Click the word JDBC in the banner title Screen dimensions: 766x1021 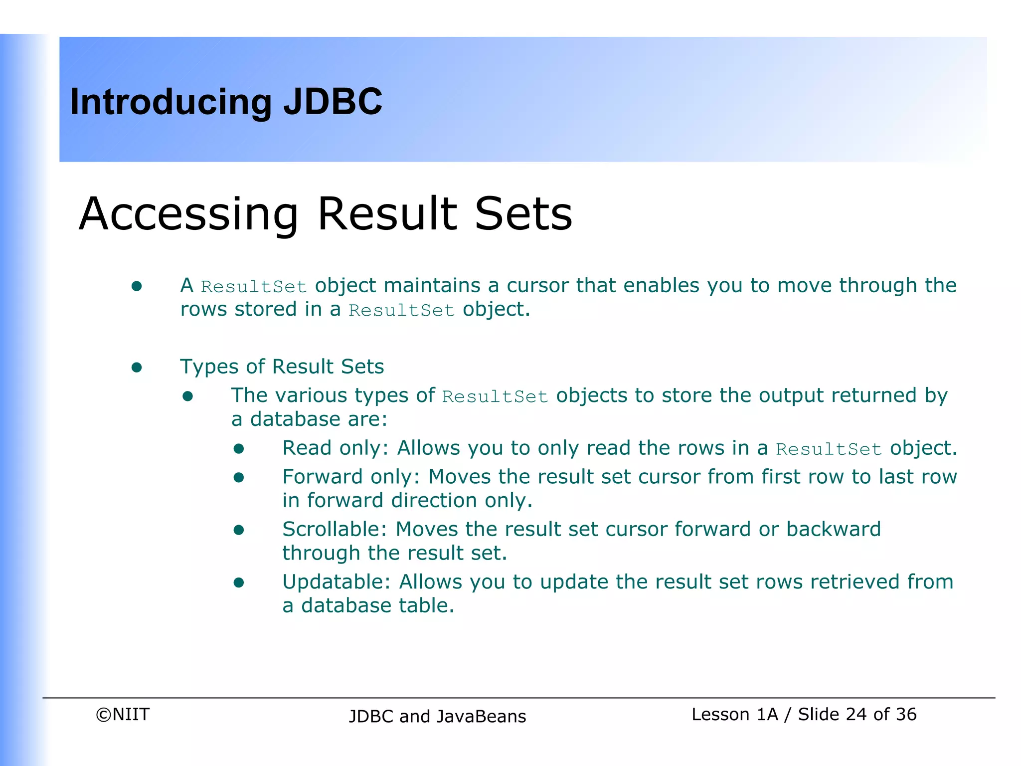(333, 102)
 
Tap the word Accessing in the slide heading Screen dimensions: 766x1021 (188, 214)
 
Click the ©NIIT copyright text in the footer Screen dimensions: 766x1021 (123, 714)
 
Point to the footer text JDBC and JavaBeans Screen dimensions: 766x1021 (437, 716)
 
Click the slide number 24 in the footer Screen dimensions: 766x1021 (856, 714)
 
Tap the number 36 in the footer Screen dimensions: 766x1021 (906, 714)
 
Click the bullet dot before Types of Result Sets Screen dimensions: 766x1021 (137, 368)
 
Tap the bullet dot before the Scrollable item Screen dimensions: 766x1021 (239, 530)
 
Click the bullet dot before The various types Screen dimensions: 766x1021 (187, 397)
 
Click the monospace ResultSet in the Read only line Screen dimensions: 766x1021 (829, 449)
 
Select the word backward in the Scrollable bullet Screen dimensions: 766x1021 (833, 529)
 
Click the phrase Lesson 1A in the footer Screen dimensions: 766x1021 (734, 714)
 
